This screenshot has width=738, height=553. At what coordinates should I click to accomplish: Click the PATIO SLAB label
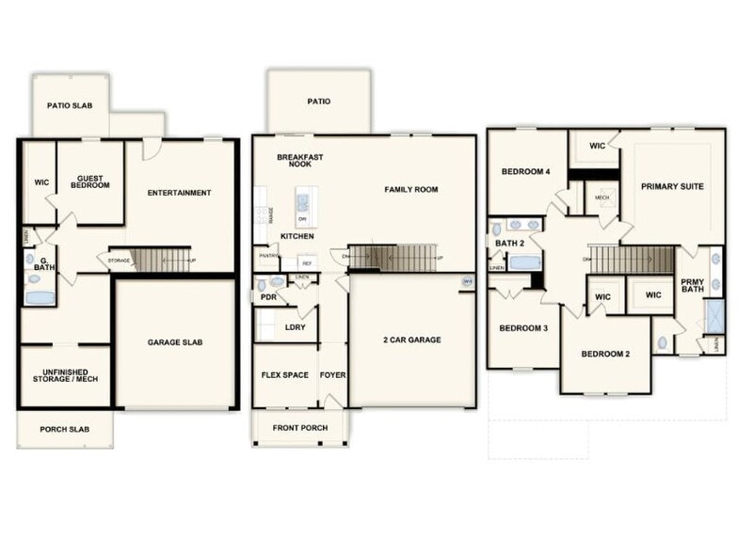71,104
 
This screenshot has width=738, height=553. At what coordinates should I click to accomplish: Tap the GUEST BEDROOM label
90,182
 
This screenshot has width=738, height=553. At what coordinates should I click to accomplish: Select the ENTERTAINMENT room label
179,193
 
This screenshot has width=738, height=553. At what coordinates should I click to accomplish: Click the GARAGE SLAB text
175,342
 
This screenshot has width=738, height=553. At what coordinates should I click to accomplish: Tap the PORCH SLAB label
64,430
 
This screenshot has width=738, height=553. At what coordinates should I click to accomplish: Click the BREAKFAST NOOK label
300,160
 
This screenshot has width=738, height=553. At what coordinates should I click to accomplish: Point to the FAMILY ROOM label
410,189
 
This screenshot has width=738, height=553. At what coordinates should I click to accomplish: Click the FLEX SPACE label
284,375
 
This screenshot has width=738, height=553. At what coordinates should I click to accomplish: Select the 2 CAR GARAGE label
411,340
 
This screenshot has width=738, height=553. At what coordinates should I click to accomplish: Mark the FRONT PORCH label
299,427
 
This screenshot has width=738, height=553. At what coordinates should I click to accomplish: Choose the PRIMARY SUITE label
672,186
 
